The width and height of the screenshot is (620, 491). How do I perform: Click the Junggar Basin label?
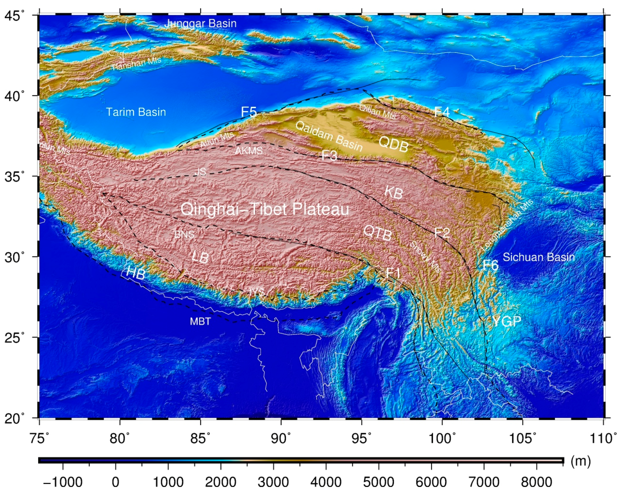click(200, 23)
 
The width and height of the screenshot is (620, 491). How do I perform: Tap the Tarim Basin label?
click(136, 112)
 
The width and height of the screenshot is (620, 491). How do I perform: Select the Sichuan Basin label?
click(539, 257)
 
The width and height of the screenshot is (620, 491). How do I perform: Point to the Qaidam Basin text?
click(329, 136)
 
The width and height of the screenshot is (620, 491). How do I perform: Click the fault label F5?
click(248, 112)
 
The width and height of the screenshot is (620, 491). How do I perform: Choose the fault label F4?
click(442, 111)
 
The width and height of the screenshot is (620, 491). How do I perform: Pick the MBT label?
click(200, 321)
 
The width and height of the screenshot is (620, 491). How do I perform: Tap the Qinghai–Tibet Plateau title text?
click(265, 209)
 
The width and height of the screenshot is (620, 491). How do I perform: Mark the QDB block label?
click(393, 144)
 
